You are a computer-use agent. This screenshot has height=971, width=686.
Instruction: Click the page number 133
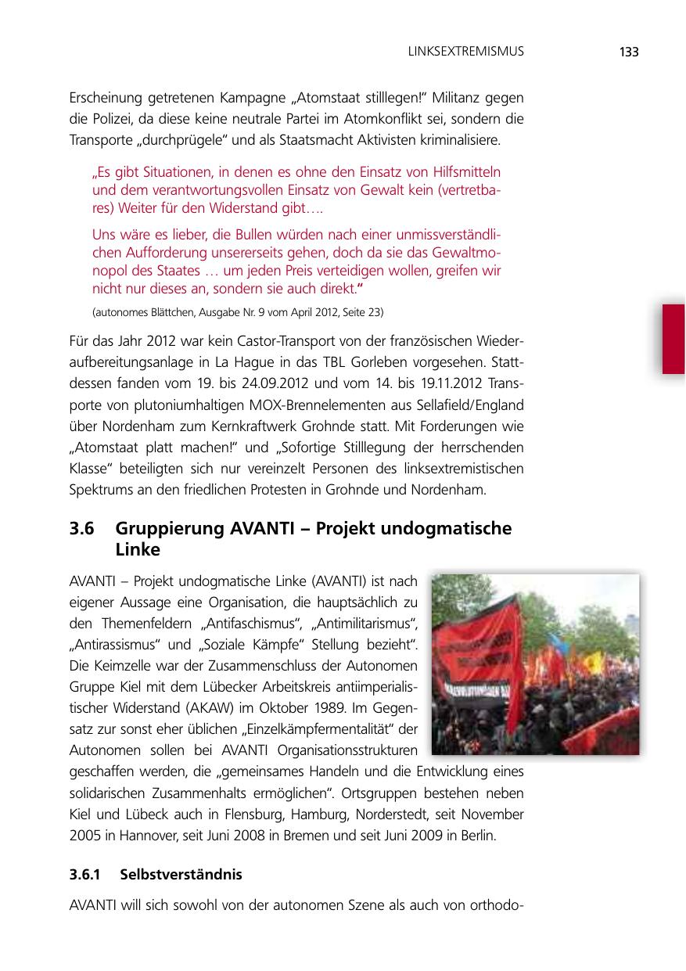pos(628,52)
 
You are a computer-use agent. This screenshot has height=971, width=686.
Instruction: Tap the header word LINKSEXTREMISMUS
pos(465,52)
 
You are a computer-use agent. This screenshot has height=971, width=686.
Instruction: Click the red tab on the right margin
pos(673,339)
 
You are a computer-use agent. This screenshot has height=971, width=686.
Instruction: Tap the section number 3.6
pos(82,529)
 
